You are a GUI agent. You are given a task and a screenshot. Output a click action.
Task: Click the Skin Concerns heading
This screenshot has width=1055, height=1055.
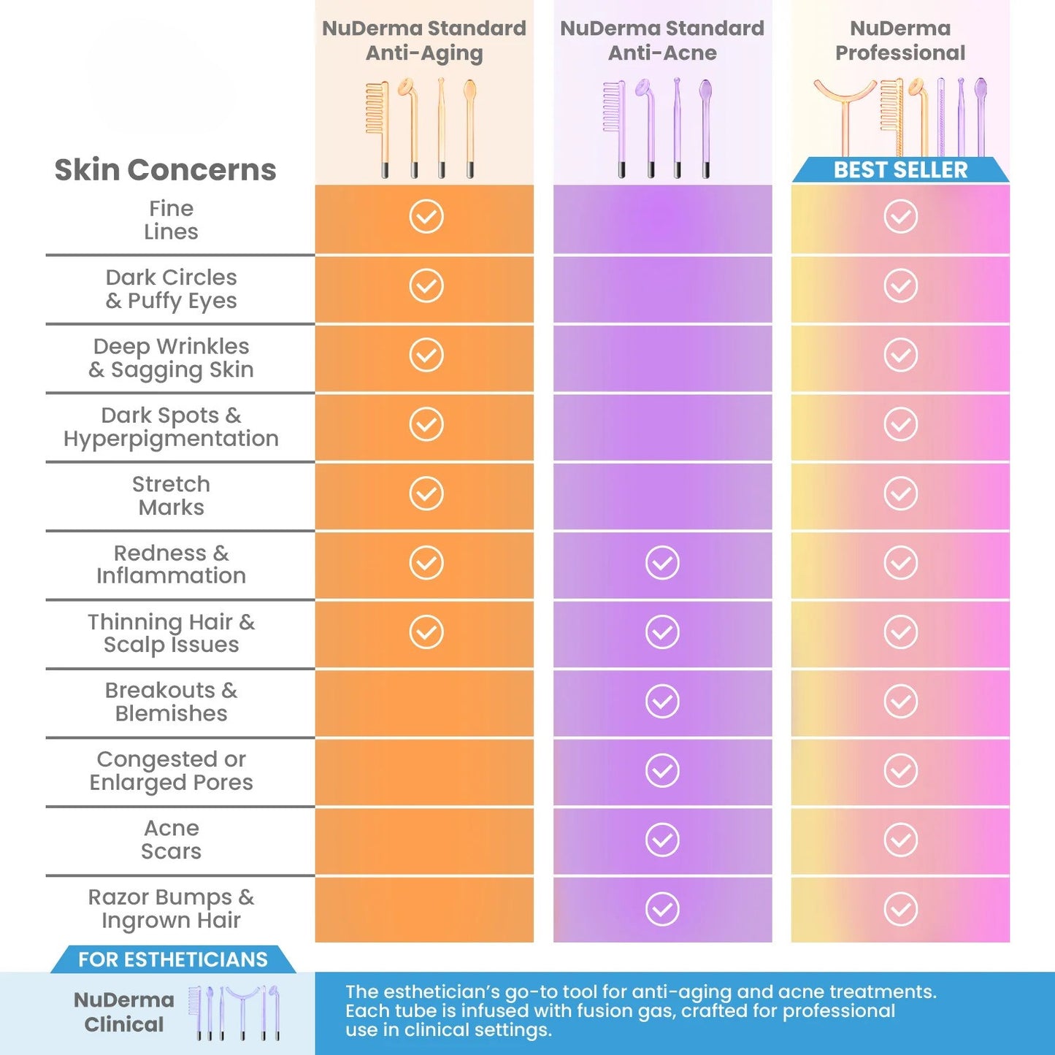tap(165, 169)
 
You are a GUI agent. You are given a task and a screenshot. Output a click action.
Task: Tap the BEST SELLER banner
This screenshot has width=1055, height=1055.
tap(900, 170)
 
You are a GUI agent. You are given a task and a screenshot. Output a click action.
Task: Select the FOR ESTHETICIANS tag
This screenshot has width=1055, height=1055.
tap(173, 959)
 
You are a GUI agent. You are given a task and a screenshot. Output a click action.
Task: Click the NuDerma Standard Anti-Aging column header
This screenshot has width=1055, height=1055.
tap(424, 41)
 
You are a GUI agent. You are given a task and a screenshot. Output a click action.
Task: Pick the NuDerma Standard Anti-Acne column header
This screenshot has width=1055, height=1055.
tap(662, 41)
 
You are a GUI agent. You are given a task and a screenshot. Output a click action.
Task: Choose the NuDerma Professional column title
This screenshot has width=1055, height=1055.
tap(900, 41)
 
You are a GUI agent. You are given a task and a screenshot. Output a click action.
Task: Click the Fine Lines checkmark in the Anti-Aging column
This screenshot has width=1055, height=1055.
tap(426, 216)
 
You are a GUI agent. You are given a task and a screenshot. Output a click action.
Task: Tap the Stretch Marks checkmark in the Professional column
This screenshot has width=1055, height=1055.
tap(901, 494)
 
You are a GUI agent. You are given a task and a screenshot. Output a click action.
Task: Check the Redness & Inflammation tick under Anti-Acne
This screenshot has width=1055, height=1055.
tap(662, 563)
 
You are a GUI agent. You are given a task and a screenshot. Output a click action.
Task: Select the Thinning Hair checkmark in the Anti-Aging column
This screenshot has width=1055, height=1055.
tap(426, 632)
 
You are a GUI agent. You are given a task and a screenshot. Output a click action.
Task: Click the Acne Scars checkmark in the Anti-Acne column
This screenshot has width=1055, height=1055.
tap(662, 840)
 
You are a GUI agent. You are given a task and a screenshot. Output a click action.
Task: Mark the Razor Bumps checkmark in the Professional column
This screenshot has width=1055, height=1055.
tap(901, 909)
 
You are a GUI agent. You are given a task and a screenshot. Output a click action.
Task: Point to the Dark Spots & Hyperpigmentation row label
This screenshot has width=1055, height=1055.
tap(171, 427)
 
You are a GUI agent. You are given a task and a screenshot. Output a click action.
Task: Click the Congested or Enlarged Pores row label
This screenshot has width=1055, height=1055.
tap(171, 771)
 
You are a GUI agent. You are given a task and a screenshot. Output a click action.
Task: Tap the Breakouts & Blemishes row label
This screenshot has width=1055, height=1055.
tap(171, 702)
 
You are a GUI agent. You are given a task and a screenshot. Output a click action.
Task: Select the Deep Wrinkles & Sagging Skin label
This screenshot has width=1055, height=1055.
tap(171, 358)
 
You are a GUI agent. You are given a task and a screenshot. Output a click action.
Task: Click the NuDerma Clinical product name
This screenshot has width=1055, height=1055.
tap(124, 1012)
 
